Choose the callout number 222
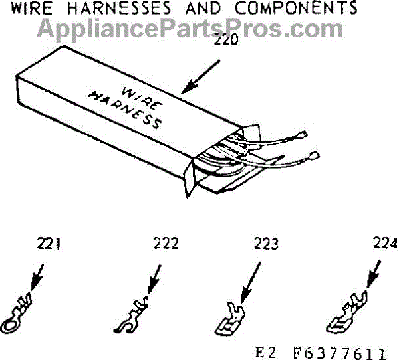[x=165, y=244]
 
